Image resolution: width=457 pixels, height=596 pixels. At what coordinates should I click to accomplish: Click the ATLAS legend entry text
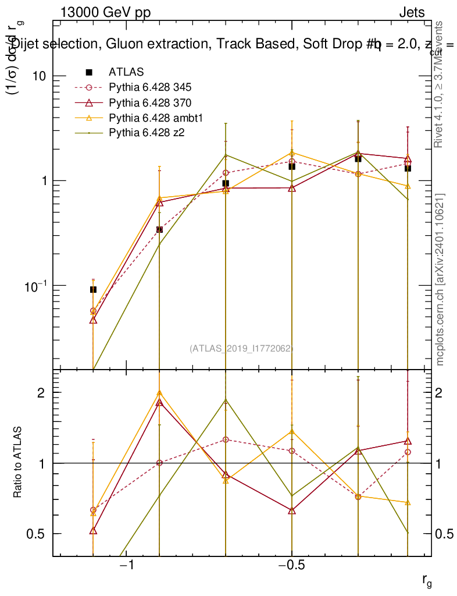point(126,72)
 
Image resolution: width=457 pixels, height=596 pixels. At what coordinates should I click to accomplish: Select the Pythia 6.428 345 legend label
point(150,88)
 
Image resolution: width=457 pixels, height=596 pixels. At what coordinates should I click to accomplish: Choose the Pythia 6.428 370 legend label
point(150,103)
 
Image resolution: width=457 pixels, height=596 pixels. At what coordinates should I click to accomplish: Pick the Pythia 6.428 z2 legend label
point(147,133)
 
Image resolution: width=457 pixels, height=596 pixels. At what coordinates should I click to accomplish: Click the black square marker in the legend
point(89,72)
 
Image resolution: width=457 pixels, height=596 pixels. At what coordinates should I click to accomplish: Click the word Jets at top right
point(411,13)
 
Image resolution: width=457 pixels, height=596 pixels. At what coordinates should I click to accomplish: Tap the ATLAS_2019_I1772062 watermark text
point(241,348)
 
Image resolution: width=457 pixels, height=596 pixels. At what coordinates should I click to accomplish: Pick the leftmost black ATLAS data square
point(93,289)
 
